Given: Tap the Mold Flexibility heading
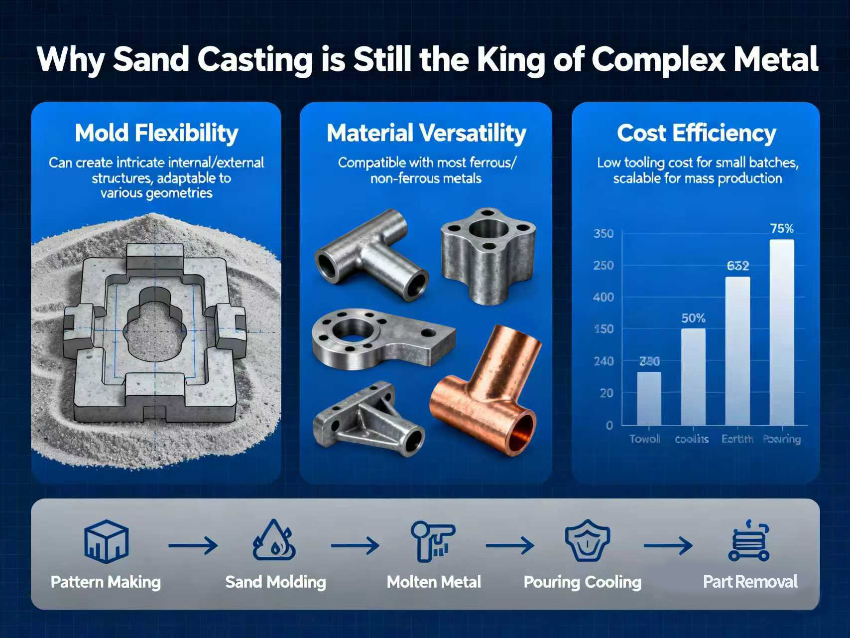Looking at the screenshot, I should tap(156, 133).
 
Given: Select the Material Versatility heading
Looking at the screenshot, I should tap(426, 133).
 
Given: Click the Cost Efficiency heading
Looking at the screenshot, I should tap(696, 133).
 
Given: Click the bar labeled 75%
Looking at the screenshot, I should tap(782, 331).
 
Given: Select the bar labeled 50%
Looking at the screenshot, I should tap(693, 376).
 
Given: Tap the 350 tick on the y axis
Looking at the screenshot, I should tap(604, 234).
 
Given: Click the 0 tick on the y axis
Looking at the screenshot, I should tap(609, 425).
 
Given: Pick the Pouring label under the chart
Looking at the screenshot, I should tap(782, 439).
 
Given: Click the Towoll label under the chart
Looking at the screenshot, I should tap(645, 439).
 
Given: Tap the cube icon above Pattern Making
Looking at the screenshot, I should tap(107, 542).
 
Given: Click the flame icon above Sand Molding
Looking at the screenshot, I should tap(274, 542).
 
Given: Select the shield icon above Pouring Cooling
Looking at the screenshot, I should tap(588, 542).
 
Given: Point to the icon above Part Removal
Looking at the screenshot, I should tap(749, 542).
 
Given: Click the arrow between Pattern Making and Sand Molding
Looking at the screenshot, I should tap(193, 546).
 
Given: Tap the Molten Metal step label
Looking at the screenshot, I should tap(434, 582).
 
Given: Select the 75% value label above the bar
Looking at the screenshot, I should tap(782, 229).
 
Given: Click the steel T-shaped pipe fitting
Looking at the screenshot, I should tap(371, 254).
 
